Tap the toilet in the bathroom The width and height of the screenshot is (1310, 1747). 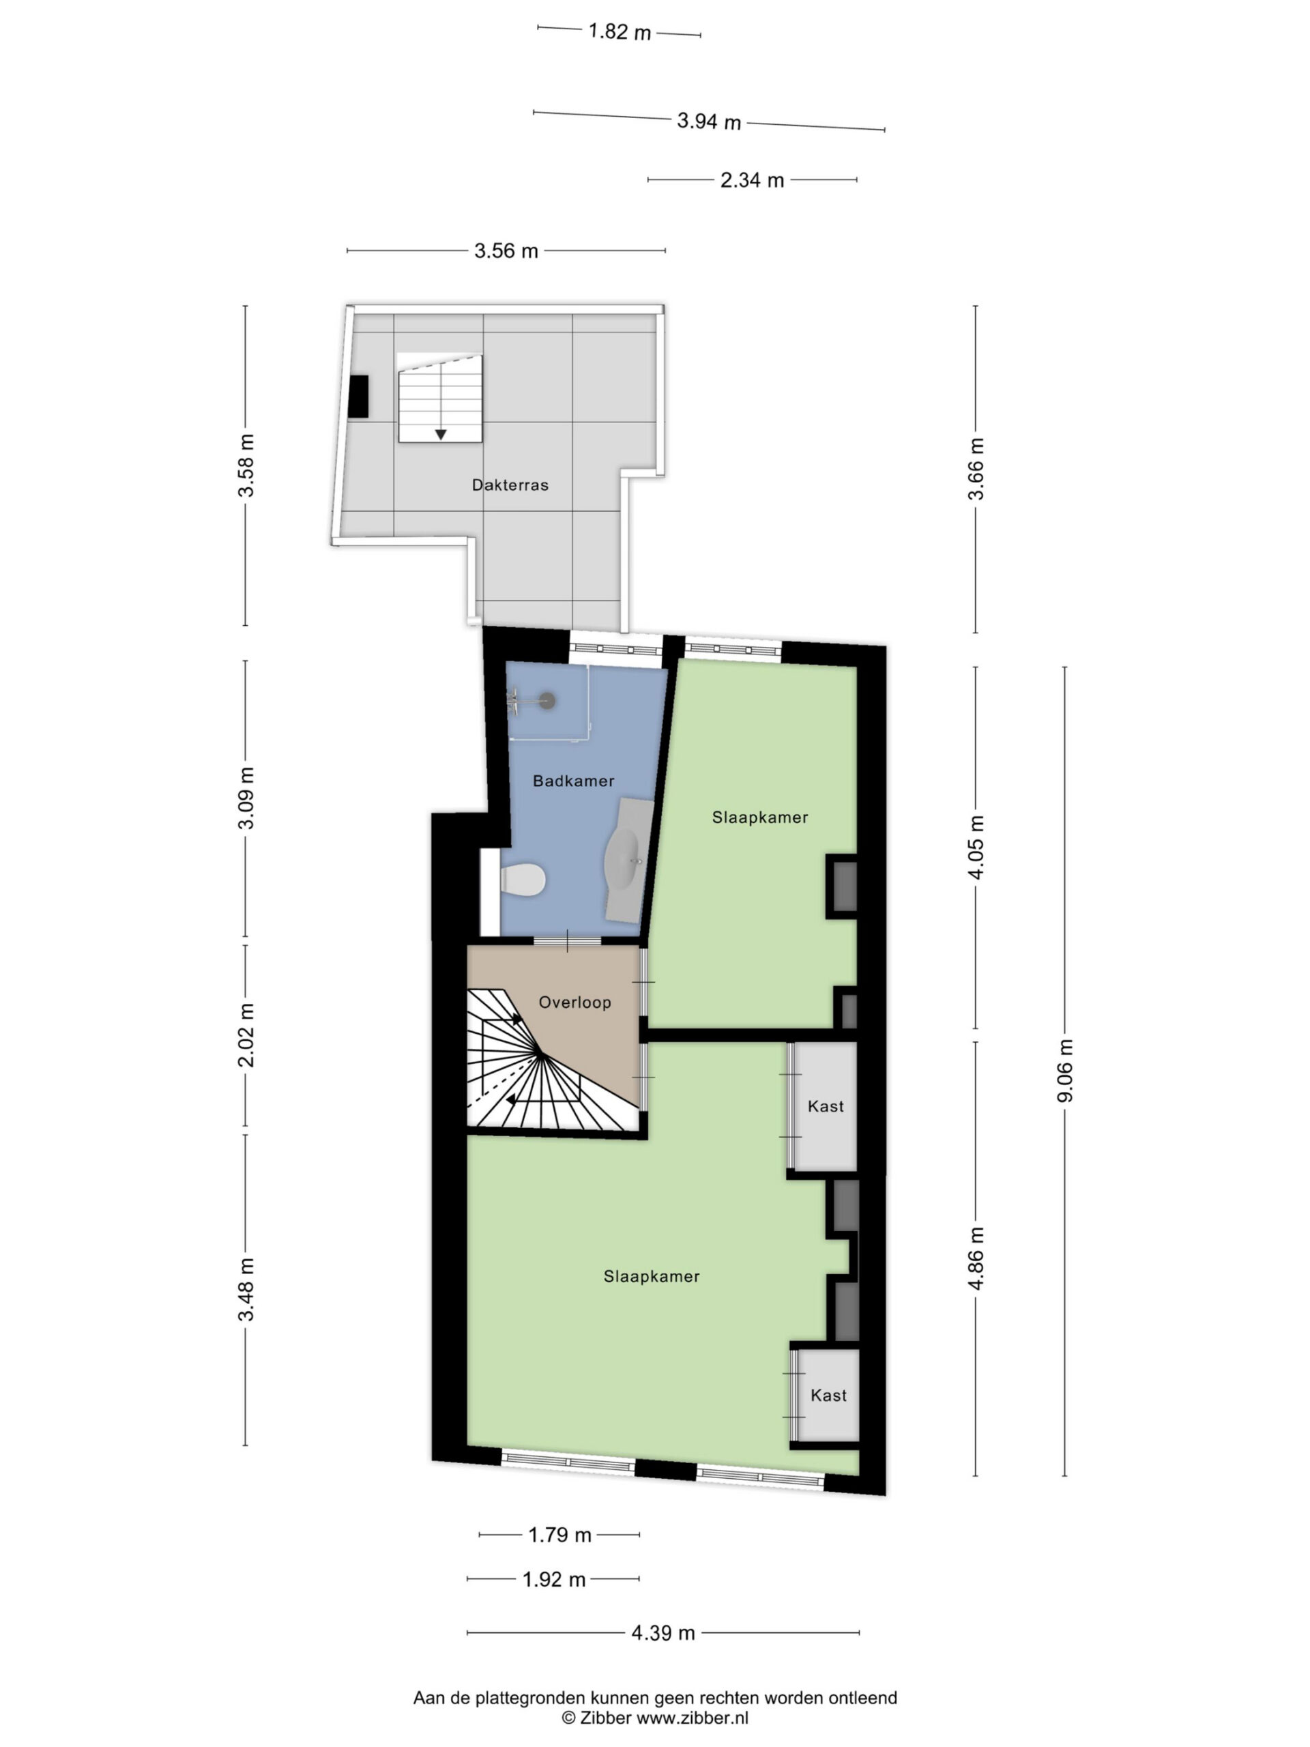pyautogui.click(x=523, y=879)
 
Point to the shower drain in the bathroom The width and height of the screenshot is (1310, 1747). pyautogui.click(x=547, y=699)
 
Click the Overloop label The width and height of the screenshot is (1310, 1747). pyautogui.click(x=575, y=1002)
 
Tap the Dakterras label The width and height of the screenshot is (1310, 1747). pyautogui.click(x=510, y=485)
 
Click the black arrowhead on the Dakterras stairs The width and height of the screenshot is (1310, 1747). pyautogui.click(x=441, y=435)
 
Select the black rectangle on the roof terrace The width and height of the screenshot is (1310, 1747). pyautogui.click(x=358, y=396)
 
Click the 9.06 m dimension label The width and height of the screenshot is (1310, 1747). pyautogui.click(x=1065, y=1070)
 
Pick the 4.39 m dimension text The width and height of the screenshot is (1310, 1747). pyautogui.click(x=663, y=1632)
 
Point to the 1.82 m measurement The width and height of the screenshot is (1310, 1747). pyautogui.click(x=620, y=32)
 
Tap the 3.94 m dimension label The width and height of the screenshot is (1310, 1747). pyautogui.click(x=709, y=121)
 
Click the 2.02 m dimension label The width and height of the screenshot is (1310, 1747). pyautogui.click(x=246, y=1035)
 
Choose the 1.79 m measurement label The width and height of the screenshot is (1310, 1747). pyautogui.click(x=560, y=1535)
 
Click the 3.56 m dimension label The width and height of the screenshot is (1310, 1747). pyautogui.click(x=506, y=251)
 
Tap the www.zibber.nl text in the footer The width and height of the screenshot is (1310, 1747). pyautogui.click(x=693, y=1718)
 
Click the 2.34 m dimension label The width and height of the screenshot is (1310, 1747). pyautogui.click(x=752, y=180)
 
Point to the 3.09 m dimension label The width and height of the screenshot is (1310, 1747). pyautogui.click(x=246, y=798)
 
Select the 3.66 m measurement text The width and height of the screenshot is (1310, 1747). pyautogui.click(x=977, y=468)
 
